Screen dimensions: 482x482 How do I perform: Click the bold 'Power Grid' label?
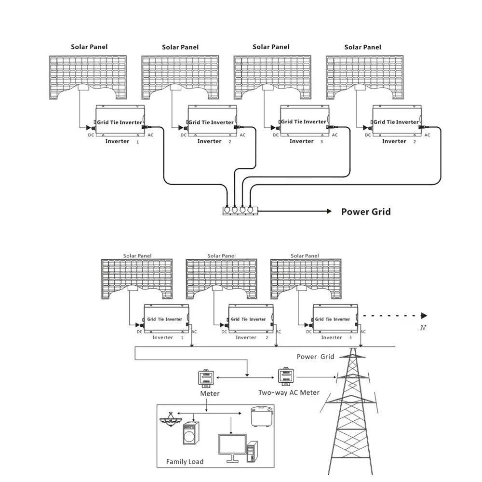pyautogui.click(x=366, y=212)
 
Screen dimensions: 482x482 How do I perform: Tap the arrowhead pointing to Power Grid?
pyautogui.click(x=328, y=211)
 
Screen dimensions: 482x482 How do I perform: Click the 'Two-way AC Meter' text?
pyautogui.click(x=289, y=392)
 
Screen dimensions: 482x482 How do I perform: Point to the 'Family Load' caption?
pyautogui.click(x=185, y=462)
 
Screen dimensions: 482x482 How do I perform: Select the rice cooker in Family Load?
pyautogui.click(x=263, y=415)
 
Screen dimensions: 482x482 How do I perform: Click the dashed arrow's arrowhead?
pyautogui.click(x=424, y=316)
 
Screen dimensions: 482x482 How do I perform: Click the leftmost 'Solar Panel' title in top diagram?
pyautogui.click(x=89, y=47)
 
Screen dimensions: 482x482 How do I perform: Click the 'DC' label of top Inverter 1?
pyautogui.click(x=91, y=135)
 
